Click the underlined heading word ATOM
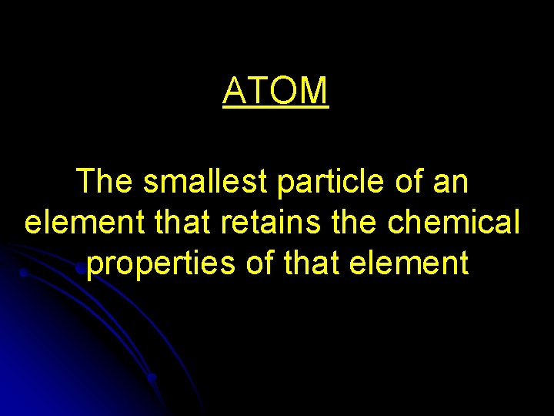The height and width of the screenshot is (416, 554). point(276,91)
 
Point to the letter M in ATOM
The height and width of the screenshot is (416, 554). point(315,91)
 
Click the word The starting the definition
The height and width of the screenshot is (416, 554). point(105,183)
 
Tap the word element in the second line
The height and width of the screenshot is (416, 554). point(74,223)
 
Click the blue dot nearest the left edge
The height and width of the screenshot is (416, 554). point(24,272)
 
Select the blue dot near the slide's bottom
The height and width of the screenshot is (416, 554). point(152,377)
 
